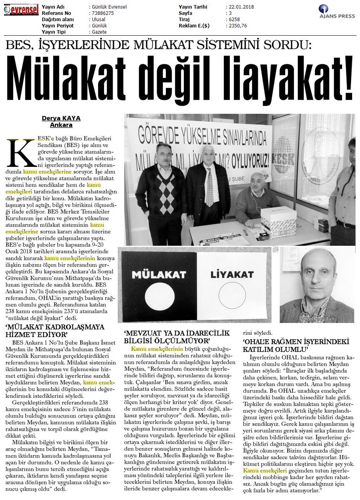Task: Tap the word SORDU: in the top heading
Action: tap(288, 46)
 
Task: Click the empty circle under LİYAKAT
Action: tap(231, 296)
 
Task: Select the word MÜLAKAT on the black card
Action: tap(158, 272)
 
